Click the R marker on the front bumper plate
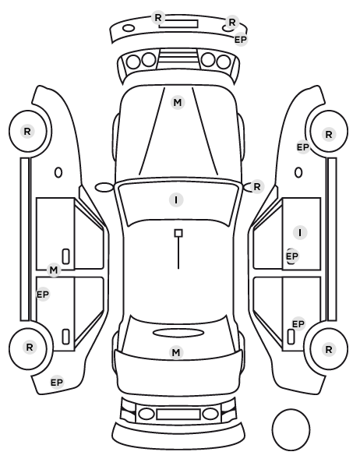click(x=158, y=18)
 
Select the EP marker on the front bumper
click(x=241, y=39)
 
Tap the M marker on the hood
click(x=178, y=103)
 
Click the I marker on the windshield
click(x=176, y=199)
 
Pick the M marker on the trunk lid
click(x=176, y=352)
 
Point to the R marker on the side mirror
click(x=257, y=187)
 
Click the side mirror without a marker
click(x=104, y=187)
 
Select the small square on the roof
click(x=178, y=233)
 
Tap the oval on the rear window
click(x=178, y=334)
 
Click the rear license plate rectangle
click(x=178, y=415)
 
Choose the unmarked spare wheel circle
click(x=291, y=429)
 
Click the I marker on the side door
click(x=300, y=232)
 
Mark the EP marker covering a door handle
click(x=291, y=256)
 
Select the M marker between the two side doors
click(x=54, y=270)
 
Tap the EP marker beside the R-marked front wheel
click(x=303, y=147)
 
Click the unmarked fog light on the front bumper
click(x=129, y=29)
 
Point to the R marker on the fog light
click(x=232, y=22)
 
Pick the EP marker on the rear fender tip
click(x=57, y=382)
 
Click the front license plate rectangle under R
click(x=178, y=24)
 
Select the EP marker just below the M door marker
click(x=43, y=295)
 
